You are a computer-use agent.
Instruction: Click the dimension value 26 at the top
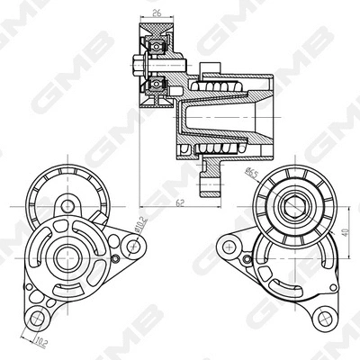coord(156,13)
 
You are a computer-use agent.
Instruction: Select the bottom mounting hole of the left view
coord(37,318)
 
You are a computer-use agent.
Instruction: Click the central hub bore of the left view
coord(67,256)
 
